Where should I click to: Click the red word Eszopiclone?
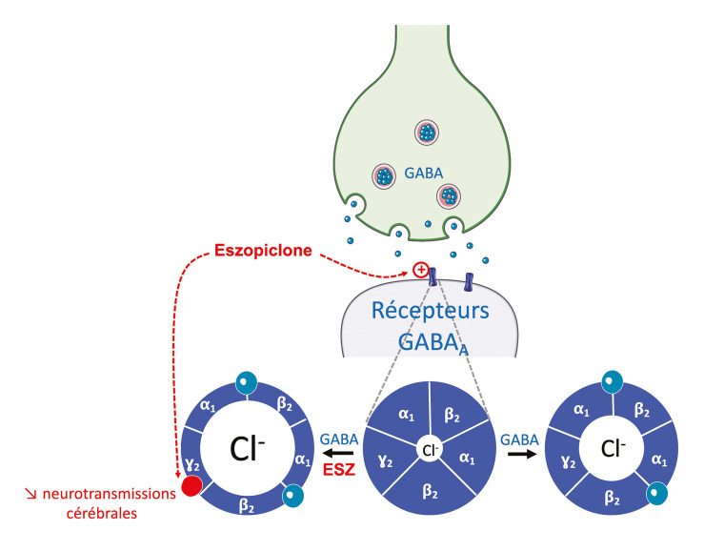tap(263, 251)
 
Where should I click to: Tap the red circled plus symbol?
tap(421, 270)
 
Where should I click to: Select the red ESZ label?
tap(339, 470)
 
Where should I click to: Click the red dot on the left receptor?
tap(191, 486)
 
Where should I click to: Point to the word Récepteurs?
tap(431, 310)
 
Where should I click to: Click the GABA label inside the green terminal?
tap(423, 173)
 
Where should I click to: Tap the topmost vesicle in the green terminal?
tap(426, 133)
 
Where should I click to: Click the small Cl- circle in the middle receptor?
tap(431, 449)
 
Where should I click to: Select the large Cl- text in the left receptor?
tap(247, 449)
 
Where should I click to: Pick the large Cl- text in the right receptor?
tap(613, 448)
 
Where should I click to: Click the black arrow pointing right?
tap(522, 454)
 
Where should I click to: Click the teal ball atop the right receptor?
tap(612, 382)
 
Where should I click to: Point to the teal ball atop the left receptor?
tap(247, 383)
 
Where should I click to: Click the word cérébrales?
tap(102, 513)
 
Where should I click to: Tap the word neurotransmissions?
tap(110, 494)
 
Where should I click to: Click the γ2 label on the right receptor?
tap(569, 460)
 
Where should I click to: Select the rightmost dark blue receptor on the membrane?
tap(469, 281)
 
